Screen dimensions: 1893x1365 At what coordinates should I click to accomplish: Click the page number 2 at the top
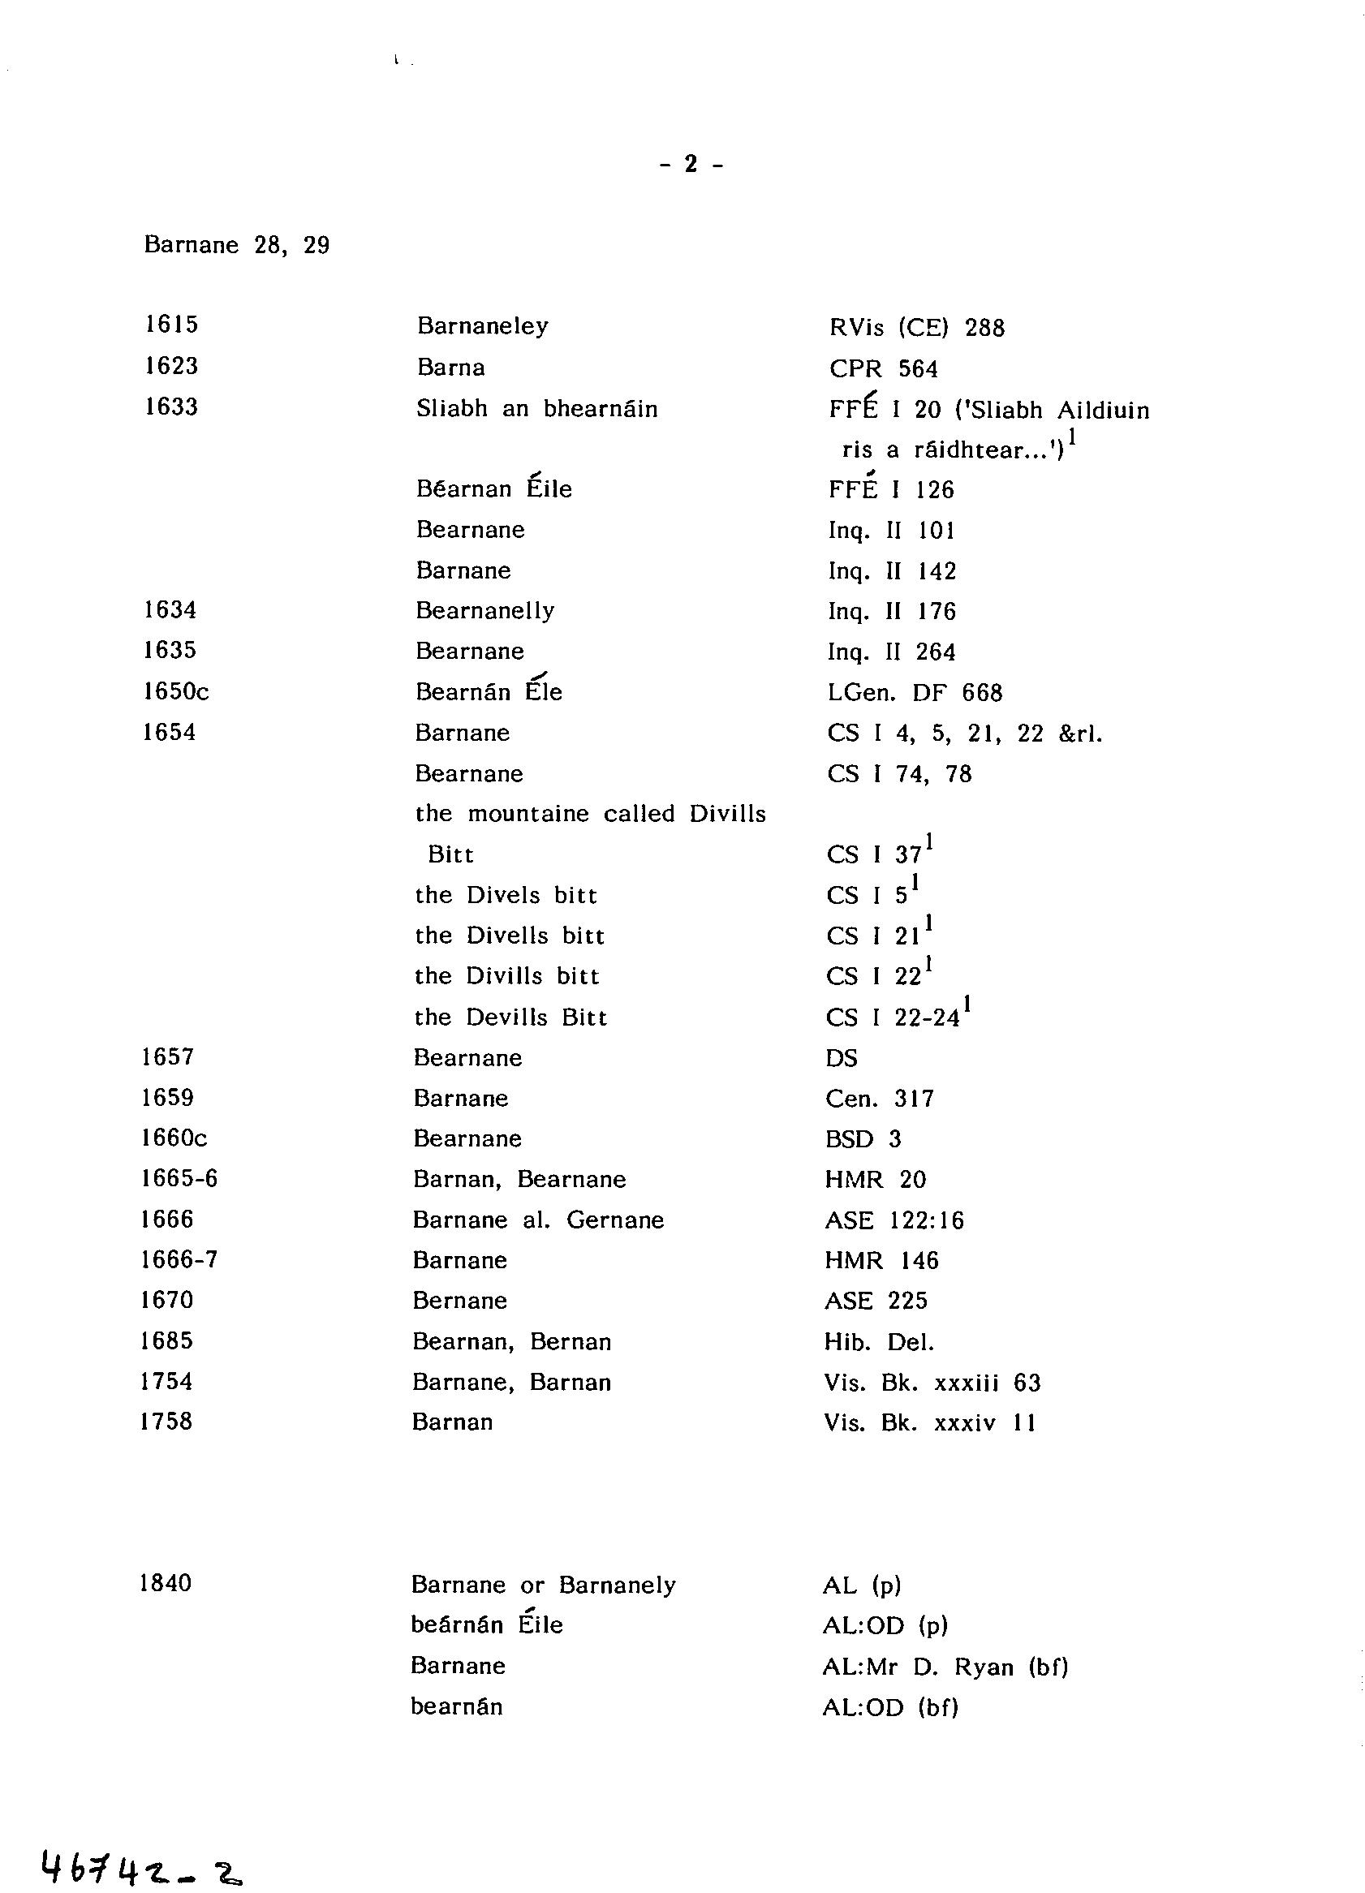pos(691,165)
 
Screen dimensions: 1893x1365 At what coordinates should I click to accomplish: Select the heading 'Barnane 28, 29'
pos(236,245)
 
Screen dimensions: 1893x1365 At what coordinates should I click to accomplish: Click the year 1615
pos(170,324)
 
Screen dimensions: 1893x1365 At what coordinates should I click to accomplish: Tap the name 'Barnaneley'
pos(483,325)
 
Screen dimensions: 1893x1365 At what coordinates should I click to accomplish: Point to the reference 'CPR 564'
pos(883,369)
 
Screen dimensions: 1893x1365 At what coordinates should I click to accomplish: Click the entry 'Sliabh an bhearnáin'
pos(536,409)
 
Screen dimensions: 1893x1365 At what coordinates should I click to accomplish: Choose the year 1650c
pos(175,691)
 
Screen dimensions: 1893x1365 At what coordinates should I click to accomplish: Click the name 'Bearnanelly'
pos(485,611)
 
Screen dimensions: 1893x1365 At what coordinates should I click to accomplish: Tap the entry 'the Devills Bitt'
pos(511,1017)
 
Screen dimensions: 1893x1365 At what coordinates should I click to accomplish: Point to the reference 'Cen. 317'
pos(879,1099)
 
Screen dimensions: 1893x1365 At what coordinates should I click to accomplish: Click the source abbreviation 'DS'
pos(841,1058)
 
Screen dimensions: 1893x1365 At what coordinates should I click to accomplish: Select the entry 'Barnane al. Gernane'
pos(539,1220)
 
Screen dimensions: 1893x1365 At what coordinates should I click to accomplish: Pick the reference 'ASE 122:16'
pos(893,1221)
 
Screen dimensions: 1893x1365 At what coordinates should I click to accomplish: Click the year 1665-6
pos(179,1178)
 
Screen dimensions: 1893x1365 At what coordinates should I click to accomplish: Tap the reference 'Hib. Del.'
pos(878,1342)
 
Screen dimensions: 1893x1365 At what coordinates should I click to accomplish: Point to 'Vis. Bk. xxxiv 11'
pos(929,1423)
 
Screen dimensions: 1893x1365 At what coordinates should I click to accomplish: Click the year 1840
pos(166,1583)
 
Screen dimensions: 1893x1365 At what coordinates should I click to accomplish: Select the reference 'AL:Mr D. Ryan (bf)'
pos(945,1667)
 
